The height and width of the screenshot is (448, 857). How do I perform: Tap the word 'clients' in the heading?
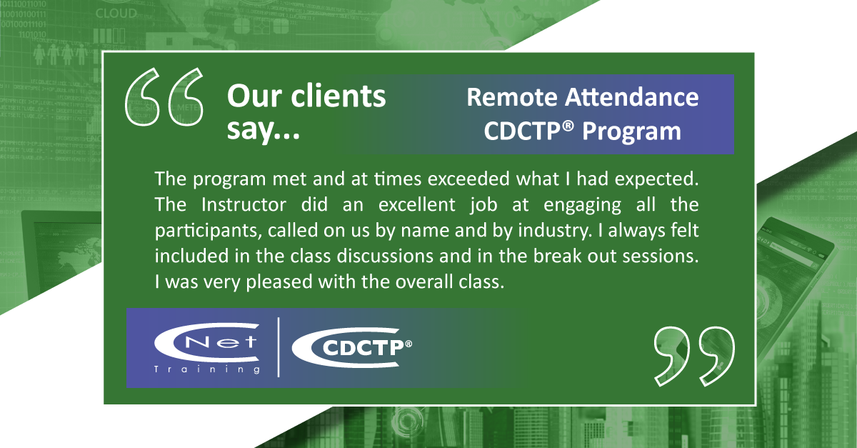339,96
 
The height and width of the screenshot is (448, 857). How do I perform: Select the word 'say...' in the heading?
264,130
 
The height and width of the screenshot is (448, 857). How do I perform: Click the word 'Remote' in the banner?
512,97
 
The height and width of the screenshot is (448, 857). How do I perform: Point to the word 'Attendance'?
632,97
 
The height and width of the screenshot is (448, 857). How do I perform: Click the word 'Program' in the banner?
631,132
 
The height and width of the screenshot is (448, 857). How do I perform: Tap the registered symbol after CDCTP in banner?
568,126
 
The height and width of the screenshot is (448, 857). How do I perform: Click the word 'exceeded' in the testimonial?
468,179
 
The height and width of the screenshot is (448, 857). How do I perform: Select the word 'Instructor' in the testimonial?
244,204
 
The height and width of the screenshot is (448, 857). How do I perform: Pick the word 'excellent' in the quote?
417,204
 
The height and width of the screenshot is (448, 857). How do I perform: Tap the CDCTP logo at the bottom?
352,347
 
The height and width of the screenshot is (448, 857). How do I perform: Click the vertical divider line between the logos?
278,347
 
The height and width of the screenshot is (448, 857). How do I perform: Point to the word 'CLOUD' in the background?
116,14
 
